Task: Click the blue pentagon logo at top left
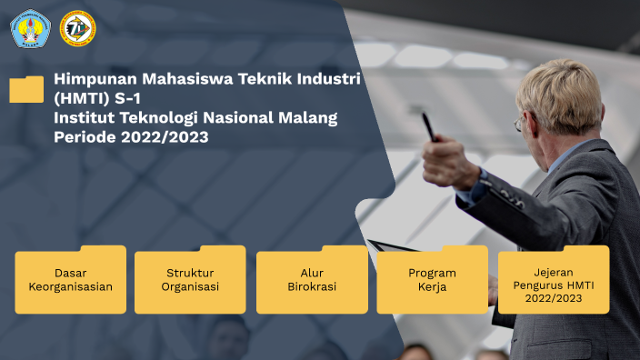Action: [x=30, y=28]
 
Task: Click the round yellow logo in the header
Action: [x=77, y=28]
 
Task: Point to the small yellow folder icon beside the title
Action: [x=26, y=89]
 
